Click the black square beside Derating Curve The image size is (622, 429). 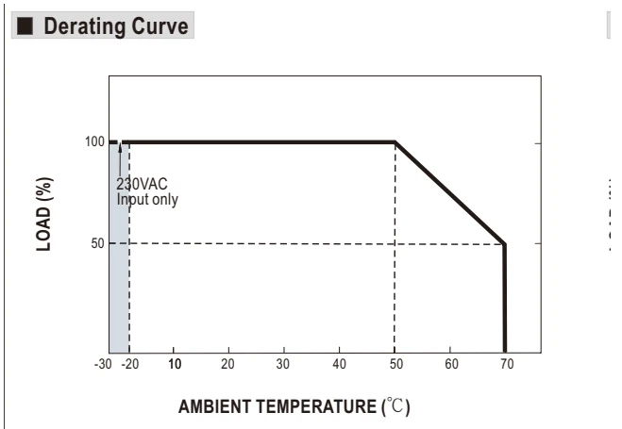tap(25, 25)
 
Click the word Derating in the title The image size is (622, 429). tap(85, 26)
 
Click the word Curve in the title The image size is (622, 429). tap(160, 26)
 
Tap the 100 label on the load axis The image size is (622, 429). tap(94, 141)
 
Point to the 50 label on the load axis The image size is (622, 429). tap(97, 243)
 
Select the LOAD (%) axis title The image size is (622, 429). tap(44, 214)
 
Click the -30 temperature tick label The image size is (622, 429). tap(103, 364)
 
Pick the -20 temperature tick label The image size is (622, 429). tap(130, 364)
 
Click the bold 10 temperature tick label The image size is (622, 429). tap(175, 364)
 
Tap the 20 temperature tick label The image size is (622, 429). tap(227, 364)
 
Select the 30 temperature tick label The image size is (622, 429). tap(283, 364)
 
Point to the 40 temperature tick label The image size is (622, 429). tap(339, 364)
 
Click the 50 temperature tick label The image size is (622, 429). tap(395, 364)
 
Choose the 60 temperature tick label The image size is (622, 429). tap(451, 364)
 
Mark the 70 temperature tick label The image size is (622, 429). tap(507, 364)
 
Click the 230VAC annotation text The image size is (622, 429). tap(142, 184)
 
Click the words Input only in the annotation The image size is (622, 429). tap(147, 199)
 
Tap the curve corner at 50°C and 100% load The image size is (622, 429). tap(395, 141)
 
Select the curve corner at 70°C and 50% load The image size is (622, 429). tap(505, 243)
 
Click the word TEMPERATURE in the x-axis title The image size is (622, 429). tap(316, 406)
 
